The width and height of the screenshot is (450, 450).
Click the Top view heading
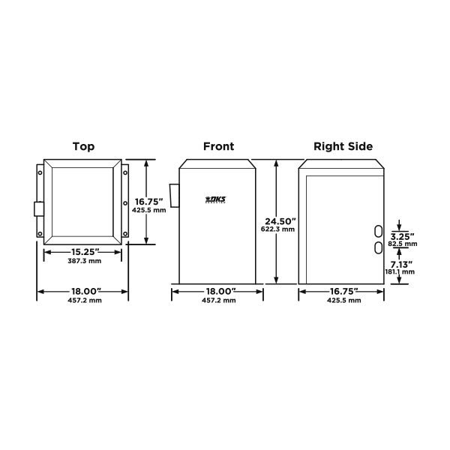coord(83,146)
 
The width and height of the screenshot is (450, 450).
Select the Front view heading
coord(219,146)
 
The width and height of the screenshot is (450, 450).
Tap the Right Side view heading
coord(343,146)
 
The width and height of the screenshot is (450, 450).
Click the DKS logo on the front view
coord(216,199)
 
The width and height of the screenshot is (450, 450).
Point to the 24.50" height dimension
coord(280,221)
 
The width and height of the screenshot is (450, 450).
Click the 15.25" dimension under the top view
coord(85,252)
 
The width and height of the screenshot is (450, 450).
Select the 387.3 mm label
coord(84,261)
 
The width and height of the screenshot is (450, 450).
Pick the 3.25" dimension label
coord(402,236)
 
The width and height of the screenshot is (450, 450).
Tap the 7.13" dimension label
coord(401,264)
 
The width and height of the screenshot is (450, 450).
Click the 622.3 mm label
coord(277,229)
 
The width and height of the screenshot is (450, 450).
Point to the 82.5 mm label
coord(403,244)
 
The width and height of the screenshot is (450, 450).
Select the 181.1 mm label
coord(400,271)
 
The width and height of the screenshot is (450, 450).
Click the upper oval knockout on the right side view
coord(378,231)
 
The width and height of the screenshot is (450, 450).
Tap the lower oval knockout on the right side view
coord(378,247)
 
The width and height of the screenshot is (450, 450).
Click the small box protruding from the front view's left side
coord(175,196)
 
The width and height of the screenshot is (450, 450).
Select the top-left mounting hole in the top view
coord(40,172)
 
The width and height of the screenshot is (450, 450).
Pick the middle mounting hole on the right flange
coord(125,203)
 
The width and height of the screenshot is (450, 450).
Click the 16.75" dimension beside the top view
coord(149,202)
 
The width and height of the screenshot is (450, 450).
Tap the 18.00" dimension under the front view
coord(220,291)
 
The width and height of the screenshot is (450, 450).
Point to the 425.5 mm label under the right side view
coord(343,301)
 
